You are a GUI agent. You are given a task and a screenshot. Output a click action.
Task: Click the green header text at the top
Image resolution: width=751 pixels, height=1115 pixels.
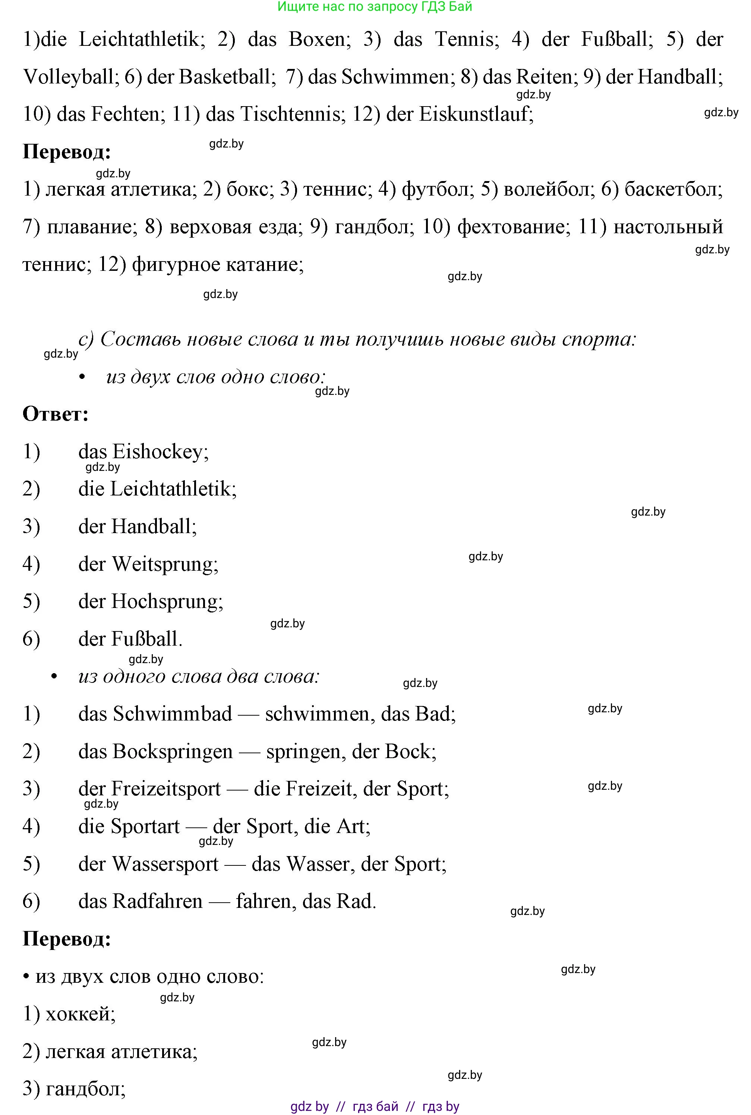[x=375, y=7]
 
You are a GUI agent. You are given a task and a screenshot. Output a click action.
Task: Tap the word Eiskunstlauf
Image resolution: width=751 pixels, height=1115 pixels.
[x=476, y=114]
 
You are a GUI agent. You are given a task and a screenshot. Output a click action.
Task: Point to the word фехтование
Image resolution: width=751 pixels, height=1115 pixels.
[x=514, y=227]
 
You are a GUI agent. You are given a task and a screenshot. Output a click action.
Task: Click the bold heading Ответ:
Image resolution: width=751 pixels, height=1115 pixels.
[x=56, y=414]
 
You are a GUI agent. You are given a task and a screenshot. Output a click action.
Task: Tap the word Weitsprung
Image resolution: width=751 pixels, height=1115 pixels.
[x=165, y=564]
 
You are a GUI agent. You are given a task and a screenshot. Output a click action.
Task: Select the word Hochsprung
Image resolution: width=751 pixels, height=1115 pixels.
[x=167, y=601]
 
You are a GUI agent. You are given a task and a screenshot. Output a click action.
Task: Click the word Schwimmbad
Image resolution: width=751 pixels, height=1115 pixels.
[x=172, y=714]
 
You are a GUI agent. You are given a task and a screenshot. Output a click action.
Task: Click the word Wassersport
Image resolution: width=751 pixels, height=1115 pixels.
[x=165, y=864]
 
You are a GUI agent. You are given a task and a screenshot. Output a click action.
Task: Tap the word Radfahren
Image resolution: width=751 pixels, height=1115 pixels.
[x=158, y=901]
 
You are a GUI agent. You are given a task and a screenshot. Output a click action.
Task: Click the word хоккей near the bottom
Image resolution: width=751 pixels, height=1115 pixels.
[x=80, y=1014]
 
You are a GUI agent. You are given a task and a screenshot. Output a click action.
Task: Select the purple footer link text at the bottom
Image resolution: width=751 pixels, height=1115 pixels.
[x=375, y=1106]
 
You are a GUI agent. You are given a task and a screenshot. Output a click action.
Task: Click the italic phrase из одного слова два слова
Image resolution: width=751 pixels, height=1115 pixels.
[x=199, y=676]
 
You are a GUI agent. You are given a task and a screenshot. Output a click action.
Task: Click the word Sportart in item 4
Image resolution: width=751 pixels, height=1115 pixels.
[x=146, y=826]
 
